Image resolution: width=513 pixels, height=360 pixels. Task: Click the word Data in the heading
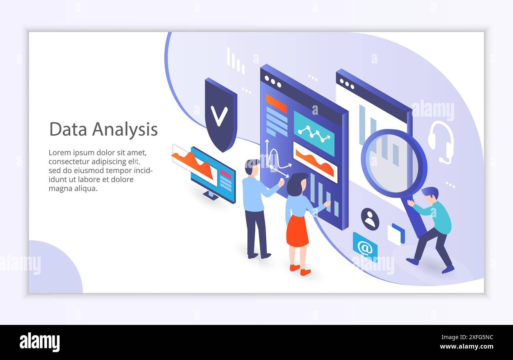(68, 129)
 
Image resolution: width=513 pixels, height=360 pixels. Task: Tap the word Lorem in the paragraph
(60, 153)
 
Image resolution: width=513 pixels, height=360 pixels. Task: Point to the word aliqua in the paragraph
(85, 188)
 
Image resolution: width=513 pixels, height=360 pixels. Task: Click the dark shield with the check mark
(221, 115)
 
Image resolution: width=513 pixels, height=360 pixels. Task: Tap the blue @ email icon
(365, 248)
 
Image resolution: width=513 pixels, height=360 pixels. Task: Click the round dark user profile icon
(370, 219)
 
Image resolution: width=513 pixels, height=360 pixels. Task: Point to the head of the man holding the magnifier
(431, 195)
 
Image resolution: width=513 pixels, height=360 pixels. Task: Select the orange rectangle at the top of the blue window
(276, 103)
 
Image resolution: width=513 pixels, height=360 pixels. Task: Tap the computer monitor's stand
(210, 196)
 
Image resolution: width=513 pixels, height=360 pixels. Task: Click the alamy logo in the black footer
(39, 342)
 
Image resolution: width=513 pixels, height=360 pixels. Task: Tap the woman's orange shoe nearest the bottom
(305, 272)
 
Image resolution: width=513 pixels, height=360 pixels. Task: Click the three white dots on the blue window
(273, 81)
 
